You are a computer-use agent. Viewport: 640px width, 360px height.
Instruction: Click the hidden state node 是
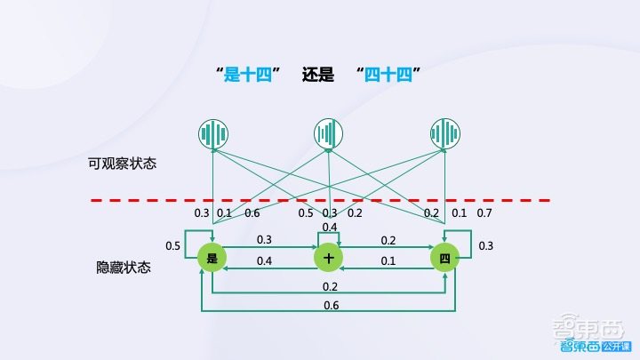[x=212, y=258]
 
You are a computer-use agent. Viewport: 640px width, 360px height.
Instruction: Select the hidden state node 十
[x=329, y=258]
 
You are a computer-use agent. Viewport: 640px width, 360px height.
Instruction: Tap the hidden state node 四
[x=444, y=258]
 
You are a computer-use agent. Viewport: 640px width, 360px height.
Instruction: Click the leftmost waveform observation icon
[x=212, y=133]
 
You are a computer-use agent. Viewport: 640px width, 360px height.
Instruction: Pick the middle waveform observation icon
[x=329, y=133]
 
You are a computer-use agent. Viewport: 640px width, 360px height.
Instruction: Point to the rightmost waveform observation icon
[x=444, y=133]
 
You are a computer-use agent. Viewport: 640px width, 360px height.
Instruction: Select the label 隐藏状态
[x=123, y=267]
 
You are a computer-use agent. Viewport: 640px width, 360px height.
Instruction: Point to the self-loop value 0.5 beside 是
[x=174, y=245]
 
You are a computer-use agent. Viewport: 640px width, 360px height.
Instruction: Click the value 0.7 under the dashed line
[x=484, y=213]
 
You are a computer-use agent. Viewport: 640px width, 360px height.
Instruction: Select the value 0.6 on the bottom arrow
[x=330, y=306]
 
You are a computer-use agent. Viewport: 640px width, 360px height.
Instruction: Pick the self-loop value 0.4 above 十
[x=330, y=228]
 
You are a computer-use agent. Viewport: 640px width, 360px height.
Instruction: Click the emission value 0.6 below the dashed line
[x=252, y=213]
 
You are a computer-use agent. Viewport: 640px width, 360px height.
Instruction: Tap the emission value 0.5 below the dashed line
[x=305, y=213]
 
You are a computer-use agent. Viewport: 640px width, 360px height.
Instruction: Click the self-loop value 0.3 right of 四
[x=485, y=246]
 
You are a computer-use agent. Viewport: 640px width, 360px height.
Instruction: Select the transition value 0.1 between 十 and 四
[x=388, y=260]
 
